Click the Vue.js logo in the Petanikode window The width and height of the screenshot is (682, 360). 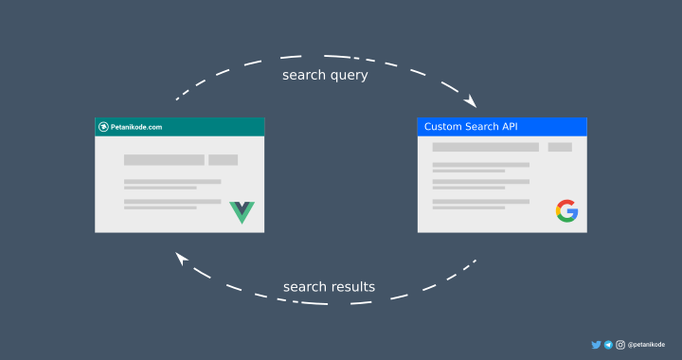pos(242,211)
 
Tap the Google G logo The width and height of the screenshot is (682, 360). pos(566,211)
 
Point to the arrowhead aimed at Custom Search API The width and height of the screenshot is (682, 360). pos(471,103)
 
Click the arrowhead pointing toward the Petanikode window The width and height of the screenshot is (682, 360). pos(181,257)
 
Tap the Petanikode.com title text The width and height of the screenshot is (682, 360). pos(136,127)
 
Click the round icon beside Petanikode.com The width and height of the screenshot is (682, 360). pos(103,127)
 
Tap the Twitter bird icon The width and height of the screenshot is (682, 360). pos(596,345)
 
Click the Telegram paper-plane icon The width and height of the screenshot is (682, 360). pos(608,345)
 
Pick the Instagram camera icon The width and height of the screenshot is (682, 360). pos(620,345)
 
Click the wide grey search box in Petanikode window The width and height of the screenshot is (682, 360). pos(164,160)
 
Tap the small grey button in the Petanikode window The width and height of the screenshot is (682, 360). pos(224,160)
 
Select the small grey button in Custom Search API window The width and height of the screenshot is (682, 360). pos(560,147)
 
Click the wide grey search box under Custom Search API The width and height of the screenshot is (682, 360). pos(485,147)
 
